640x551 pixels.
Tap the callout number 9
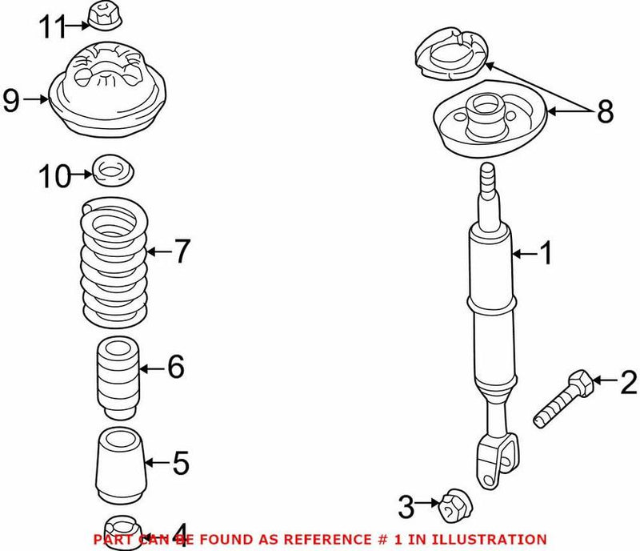(x=10, y=100)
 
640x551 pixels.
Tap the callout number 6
(x=176, y=368)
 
